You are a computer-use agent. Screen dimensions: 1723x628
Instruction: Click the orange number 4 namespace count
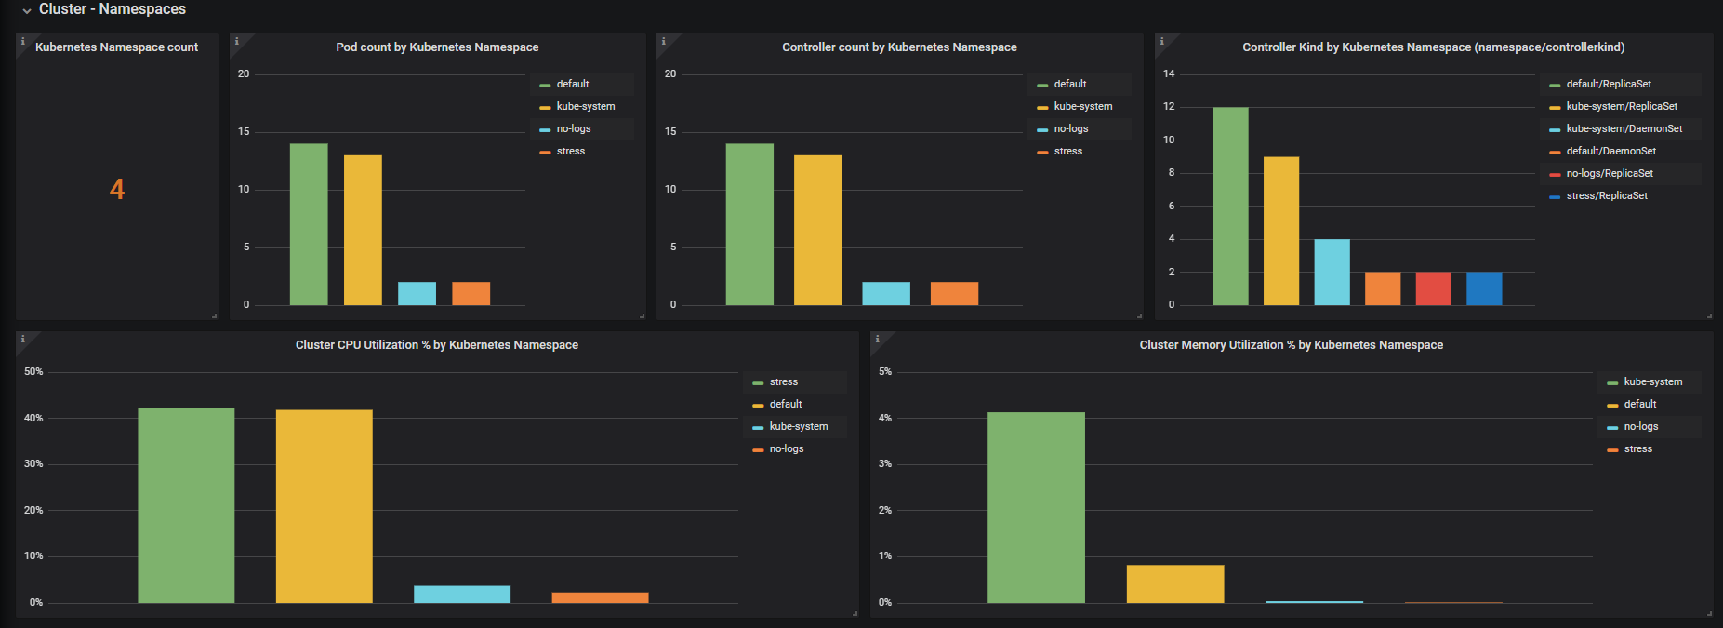coord(117,190)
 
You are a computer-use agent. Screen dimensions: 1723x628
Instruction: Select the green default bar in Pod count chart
coord(309,224)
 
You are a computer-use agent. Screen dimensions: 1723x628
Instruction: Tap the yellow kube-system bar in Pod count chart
coord(363,230)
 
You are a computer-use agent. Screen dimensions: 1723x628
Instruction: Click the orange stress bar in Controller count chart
coord(954,293)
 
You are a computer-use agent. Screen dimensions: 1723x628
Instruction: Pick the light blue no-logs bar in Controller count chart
coord(886,293)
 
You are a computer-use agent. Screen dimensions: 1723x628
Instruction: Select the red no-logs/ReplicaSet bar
coord(1433,288)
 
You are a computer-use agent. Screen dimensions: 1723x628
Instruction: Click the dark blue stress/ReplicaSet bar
coord(1484,288)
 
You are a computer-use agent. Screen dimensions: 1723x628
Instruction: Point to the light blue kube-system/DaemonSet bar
coord(1332,272)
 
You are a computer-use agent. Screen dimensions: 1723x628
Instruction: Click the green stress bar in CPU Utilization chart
coord(186,505)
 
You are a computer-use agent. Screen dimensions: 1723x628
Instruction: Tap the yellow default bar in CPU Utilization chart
coord(325,506)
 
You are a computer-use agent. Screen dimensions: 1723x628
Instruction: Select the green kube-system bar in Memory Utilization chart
coord(1036,507)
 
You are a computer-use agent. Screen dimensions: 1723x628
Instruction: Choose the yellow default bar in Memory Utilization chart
coord(1175,583)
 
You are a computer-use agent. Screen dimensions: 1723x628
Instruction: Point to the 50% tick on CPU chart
coord(33,371)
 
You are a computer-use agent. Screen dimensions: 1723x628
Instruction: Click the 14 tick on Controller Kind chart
coord(1169,73)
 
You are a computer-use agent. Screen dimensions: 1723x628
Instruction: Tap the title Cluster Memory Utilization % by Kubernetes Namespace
coord(1292,345)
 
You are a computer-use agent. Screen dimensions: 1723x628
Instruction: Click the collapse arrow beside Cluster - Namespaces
coord(27,10)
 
